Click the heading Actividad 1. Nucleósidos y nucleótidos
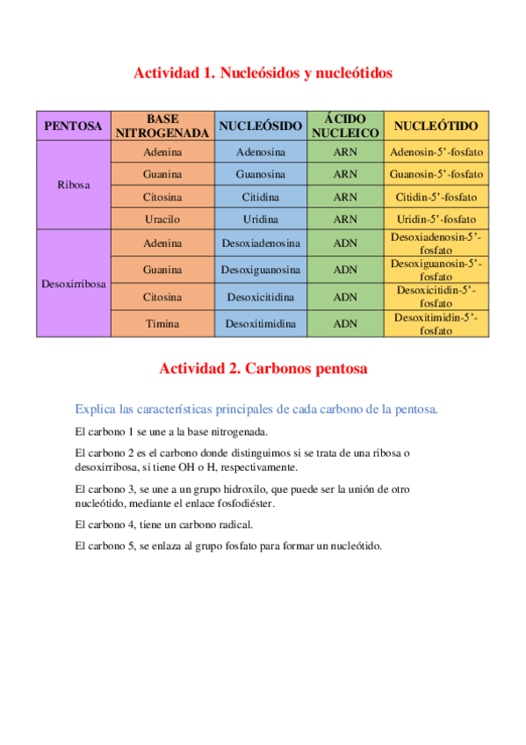[x=263, y=73]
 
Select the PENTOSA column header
[x=73, y=126]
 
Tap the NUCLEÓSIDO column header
[x=261, y=126]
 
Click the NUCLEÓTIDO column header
[x=436, y=126]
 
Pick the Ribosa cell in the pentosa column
[x=73, y=185]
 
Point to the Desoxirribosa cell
[x=73, y=284]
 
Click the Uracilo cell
[x=162, y=219]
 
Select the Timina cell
[x=162, y=323]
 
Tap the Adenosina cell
[x=261, y=152]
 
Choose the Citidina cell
[x=261, y=197]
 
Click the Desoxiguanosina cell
[x=261, y=270]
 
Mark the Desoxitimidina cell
[x=261, y=323]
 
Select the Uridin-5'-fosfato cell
[x=436, y=219]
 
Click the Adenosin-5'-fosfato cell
[x=436, y=152]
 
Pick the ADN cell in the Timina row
[x=345, y=323]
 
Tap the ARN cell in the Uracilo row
[x=345, y=219]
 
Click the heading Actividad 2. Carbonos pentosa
[x=263, y=369]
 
